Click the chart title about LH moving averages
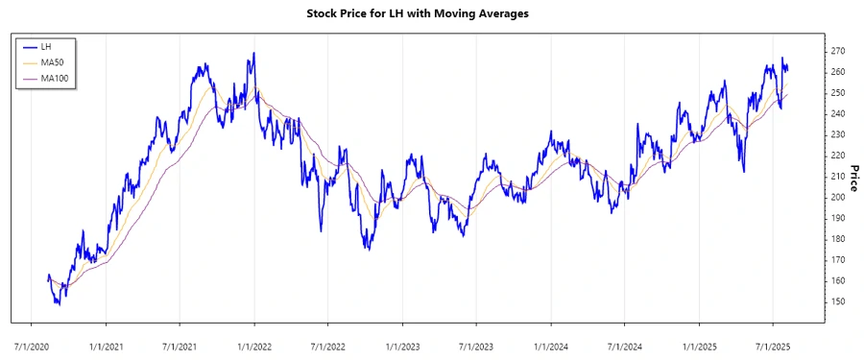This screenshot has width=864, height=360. click(x=431, y=13)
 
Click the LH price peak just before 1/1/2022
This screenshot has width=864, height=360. click(x=253, y=53)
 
